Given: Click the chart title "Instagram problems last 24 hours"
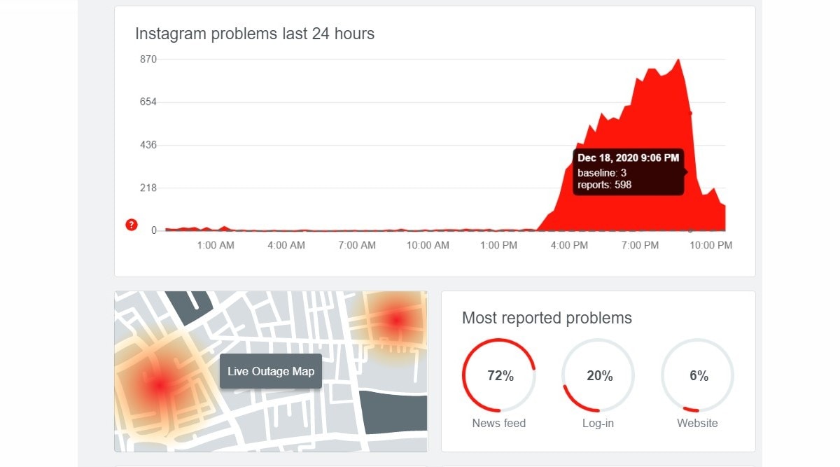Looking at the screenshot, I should click(x=255, y=34).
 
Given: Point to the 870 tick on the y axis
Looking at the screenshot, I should click(x=148, y=60).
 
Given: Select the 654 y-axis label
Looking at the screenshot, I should click(x=148, y=102).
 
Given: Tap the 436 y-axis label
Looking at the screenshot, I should click(x=148, y=145).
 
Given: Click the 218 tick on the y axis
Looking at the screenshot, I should click(x=148, y=188).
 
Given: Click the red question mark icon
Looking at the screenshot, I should click(x=131, y=225).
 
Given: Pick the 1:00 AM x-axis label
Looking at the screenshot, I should click(x=216, y=246).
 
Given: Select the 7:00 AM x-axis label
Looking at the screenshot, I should click(x=357, y=246).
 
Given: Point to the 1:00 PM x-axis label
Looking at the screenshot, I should click(x=499, y=246).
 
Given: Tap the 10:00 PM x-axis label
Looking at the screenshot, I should click(x=710, y=246).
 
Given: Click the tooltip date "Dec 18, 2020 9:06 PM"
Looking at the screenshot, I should click(x=628, y=158).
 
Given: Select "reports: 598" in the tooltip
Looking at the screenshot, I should click(x=604, y=186).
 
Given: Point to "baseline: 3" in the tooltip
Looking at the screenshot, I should click(x=601, y=173).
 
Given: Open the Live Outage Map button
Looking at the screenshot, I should click(x=271, y=371).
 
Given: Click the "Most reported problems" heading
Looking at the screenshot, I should click(x=547, y=319).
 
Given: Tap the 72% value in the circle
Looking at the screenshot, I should click(x=500, y=376).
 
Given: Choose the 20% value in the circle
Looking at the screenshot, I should click(x=599, y=376).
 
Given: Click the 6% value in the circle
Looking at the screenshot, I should click(x=699, y=376).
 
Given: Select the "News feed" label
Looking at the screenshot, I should click(x=498, y=423).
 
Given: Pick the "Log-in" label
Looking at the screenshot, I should click(x=598, y=423).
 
